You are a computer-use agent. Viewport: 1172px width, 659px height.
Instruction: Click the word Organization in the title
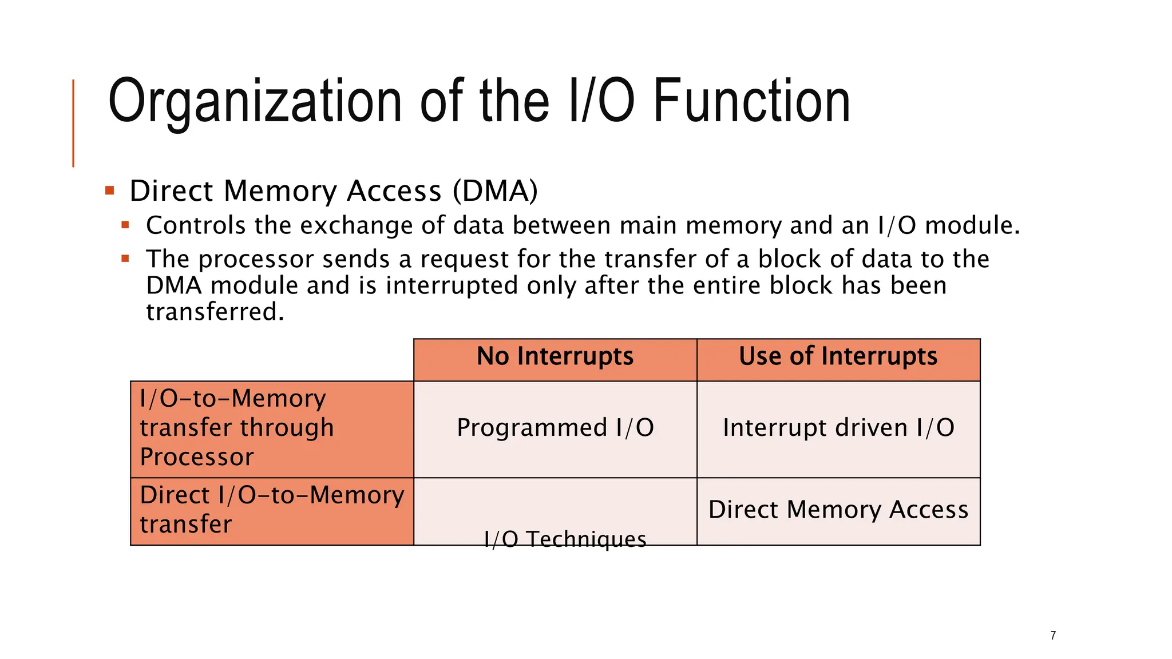[x=255, y=102]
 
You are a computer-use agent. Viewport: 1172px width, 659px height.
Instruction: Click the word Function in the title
[x=751, y=102]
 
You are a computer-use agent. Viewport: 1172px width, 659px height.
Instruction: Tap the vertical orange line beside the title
[x=73, y=123]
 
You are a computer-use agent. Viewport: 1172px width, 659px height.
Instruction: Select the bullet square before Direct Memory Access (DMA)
[x=110, y=190]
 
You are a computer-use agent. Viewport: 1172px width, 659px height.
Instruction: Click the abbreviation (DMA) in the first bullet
[x=495, y=191]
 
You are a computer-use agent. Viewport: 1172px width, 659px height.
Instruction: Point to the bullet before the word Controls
[x=125, y=225]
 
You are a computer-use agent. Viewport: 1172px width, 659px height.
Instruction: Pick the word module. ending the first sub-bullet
[x=972, y=225]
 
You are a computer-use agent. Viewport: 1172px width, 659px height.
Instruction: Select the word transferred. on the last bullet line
[x=215, y=312]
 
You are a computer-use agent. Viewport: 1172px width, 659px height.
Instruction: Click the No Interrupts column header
[x=555, y=356]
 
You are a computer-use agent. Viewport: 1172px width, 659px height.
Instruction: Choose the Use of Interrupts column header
[x=838, y=356]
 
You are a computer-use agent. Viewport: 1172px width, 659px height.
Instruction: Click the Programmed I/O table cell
[x=555, y=428]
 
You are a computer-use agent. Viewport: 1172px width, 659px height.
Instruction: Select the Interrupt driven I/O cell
[x=838, y=428]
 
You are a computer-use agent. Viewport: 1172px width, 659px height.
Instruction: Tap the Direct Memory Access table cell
[x=838, y=510]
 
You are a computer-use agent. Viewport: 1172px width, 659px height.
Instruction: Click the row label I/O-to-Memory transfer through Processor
[x=236, y=428]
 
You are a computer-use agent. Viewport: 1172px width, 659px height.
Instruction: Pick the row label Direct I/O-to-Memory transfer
[x=271, y=510]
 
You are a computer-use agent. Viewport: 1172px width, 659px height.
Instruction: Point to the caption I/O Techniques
[x=565, y=539]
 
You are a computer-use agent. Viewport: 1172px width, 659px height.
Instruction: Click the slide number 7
[x=1053, y=636]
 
